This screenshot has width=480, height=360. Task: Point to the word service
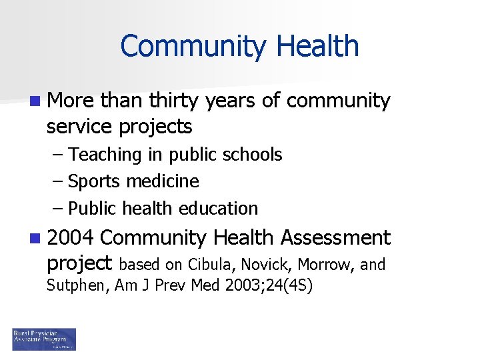[79, 126]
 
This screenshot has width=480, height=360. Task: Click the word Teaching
[105, 155]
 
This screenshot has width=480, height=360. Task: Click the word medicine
[167, 181]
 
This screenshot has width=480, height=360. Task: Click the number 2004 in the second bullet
[71, 237]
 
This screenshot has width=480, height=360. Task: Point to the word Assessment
[335, 237]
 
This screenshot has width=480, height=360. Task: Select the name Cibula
[214, 265]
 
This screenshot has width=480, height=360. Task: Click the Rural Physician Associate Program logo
[44, 339]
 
